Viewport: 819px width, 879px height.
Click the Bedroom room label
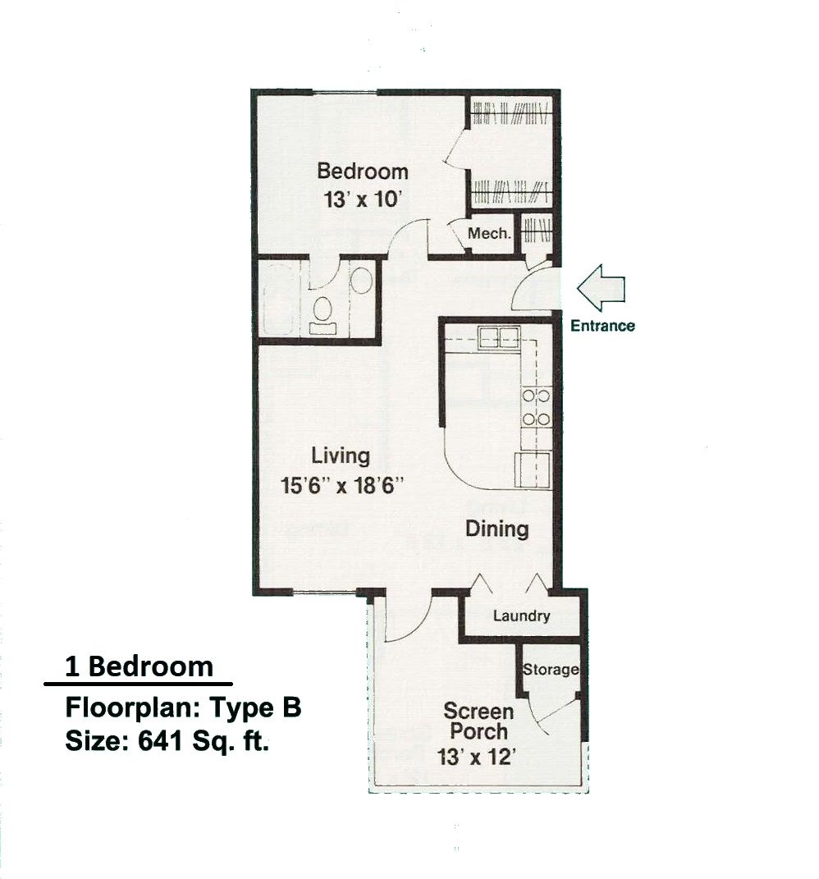pos(362,172)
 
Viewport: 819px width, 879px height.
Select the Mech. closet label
pos(489,233)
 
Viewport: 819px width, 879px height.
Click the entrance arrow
pos(601,287)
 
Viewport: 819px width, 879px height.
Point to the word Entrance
pos(602,326)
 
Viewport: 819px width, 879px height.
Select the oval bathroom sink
pos(363,281)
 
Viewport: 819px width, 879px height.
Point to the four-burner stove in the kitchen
pos(536,408)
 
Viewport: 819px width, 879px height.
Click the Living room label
pos(341,456)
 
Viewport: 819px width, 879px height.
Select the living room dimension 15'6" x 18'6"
pos(342,485)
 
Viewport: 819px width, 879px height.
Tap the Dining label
pos(497,529)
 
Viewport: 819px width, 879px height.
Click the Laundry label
pos(521,616)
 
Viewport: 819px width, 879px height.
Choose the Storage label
pos(551,670)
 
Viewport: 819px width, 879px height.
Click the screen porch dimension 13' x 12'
pos(476,758)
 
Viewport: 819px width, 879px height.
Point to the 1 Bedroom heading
pos(139,667)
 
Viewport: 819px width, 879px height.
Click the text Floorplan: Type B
pos(183,707)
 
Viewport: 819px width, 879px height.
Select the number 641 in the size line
pos(161,741)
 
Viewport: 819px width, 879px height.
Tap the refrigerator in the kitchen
pos(533,470)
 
